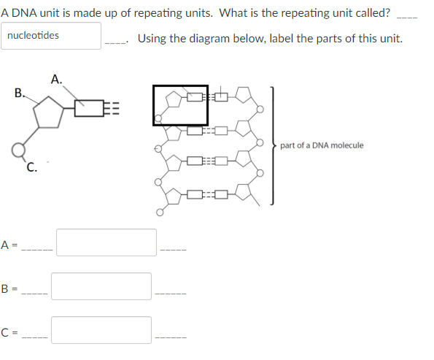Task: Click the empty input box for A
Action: pyautogui.click(x=106, y=242)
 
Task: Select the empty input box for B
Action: pyautogui.click(x=101, y=286)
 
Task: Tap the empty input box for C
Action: pyautogui.click(x=101, y=329)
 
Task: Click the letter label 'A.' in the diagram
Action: pyautogui.click(x=57, y=79)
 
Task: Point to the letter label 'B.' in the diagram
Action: pyautogui.click(x=20, y=93)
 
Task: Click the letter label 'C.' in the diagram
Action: pyautogui.click(x=31, y=164)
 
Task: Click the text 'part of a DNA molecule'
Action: pyautogui.click(x=322, y=145)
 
